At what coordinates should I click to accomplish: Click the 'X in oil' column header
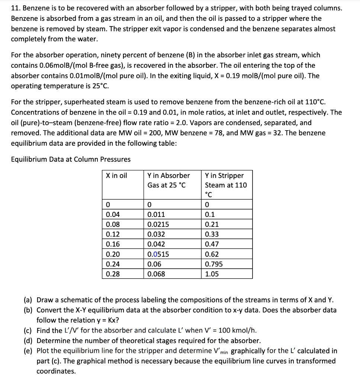(x=116, y=176)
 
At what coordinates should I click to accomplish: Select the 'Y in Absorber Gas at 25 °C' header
(x=168, y=180)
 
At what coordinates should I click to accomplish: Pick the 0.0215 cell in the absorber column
(x=158, y=224)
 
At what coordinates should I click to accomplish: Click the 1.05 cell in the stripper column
(x=212, y=274)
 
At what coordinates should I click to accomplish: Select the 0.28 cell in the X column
(x=112, y=274)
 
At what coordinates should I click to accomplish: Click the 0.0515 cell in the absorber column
(x=158, y=254)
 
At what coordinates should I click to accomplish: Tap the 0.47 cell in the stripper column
(x=212, y=244)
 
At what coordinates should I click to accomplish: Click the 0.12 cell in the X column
(x=112, y=234)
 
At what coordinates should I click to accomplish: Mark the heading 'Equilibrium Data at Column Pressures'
(x=71, y=159)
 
